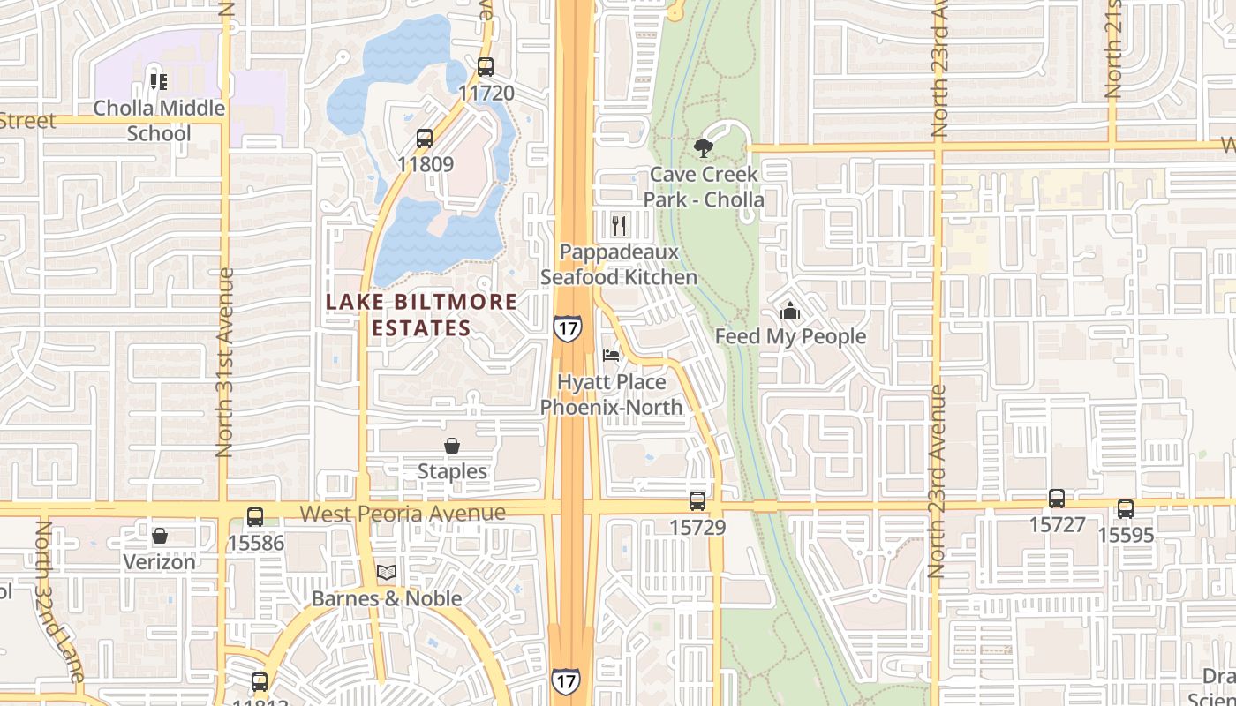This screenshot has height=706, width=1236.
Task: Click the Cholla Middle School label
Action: [x=159, y=120]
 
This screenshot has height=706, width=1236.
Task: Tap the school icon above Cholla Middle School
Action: [x=159, y=82]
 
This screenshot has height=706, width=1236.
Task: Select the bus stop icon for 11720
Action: [x=485, y=66]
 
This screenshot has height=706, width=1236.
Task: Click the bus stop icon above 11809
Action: [x=425, y=139]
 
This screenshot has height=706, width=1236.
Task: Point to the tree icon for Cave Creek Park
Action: [x=704, y=147]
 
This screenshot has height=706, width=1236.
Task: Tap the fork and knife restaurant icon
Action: [x=619, y=226]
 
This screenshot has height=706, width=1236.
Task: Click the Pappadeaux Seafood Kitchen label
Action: [x=619, y=265]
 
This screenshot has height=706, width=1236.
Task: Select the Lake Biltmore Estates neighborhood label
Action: [x=421, y=315]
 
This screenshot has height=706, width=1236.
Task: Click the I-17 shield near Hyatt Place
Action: [x=568, y=327]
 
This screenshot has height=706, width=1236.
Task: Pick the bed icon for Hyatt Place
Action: [x=611, y=356]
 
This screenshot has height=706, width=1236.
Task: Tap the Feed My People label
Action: [x=790, y=336]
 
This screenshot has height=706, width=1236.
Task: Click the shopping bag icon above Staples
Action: [x=452, y=446]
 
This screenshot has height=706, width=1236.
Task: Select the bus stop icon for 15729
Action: [x=697, y=501]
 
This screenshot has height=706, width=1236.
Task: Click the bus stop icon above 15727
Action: [x=1057, y=499]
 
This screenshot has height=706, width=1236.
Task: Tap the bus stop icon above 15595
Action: [x=1125, y=509]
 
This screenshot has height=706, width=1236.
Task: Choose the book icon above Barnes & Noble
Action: [x=387, y=573]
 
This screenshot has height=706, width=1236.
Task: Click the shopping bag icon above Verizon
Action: [x=160, y=536]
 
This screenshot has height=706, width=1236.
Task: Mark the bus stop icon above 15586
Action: [x=255, y=517]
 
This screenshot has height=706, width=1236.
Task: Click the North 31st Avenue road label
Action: [x=224, y=362]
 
